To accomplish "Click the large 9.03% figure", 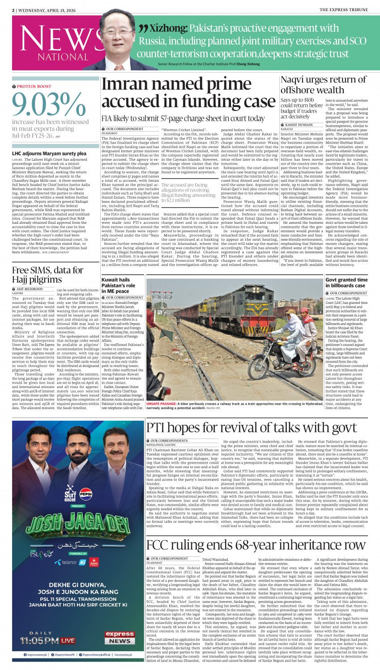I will [x=49, y=105].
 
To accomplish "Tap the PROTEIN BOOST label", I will [x=34, y=86].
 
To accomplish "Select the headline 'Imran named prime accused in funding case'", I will [x=188, y=94].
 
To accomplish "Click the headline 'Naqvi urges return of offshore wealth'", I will [x=323, y=85].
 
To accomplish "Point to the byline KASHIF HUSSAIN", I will [x=299, y=125].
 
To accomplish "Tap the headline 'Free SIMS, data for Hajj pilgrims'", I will [x=47, y=275].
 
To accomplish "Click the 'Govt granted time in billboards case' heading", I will [x=346, y=283].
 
